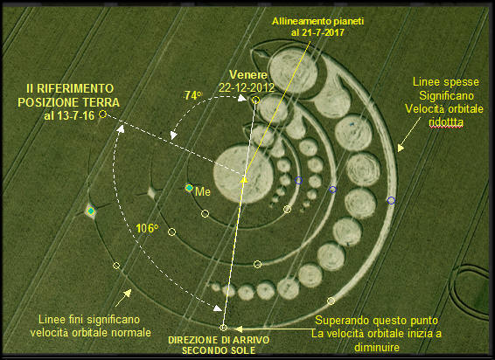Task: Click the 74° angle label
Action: coord(193,95)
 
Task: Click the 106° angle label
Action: coord(147,228)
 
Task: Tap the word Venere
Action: coord(248,75)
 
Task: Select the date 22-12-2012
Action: coord(247,87)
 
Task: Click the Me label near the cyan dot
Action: coord(203,191)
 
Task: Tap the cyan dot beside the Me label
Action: coord(189,188)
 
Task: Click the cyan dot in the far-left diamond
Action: coord(91,211)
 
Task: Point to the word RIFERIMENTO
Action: coord(75,88)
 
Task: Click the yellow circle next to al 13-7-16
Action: coord(102,114)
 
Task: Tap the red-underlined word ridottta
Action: coord(446,122)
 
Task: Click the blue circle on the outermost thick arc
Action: coord(391,200)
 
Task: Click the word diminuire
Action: coord(377,348)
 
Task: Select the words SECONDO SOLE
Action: coord(219,350)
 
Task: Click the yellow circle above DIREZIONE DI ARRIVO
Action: coord(223,328)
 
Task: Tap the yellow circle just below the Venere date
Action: coord(255,100)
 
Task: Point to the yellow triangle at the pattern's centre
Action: coord(244,180)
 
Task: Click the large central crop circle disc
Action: coord(243,174)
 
